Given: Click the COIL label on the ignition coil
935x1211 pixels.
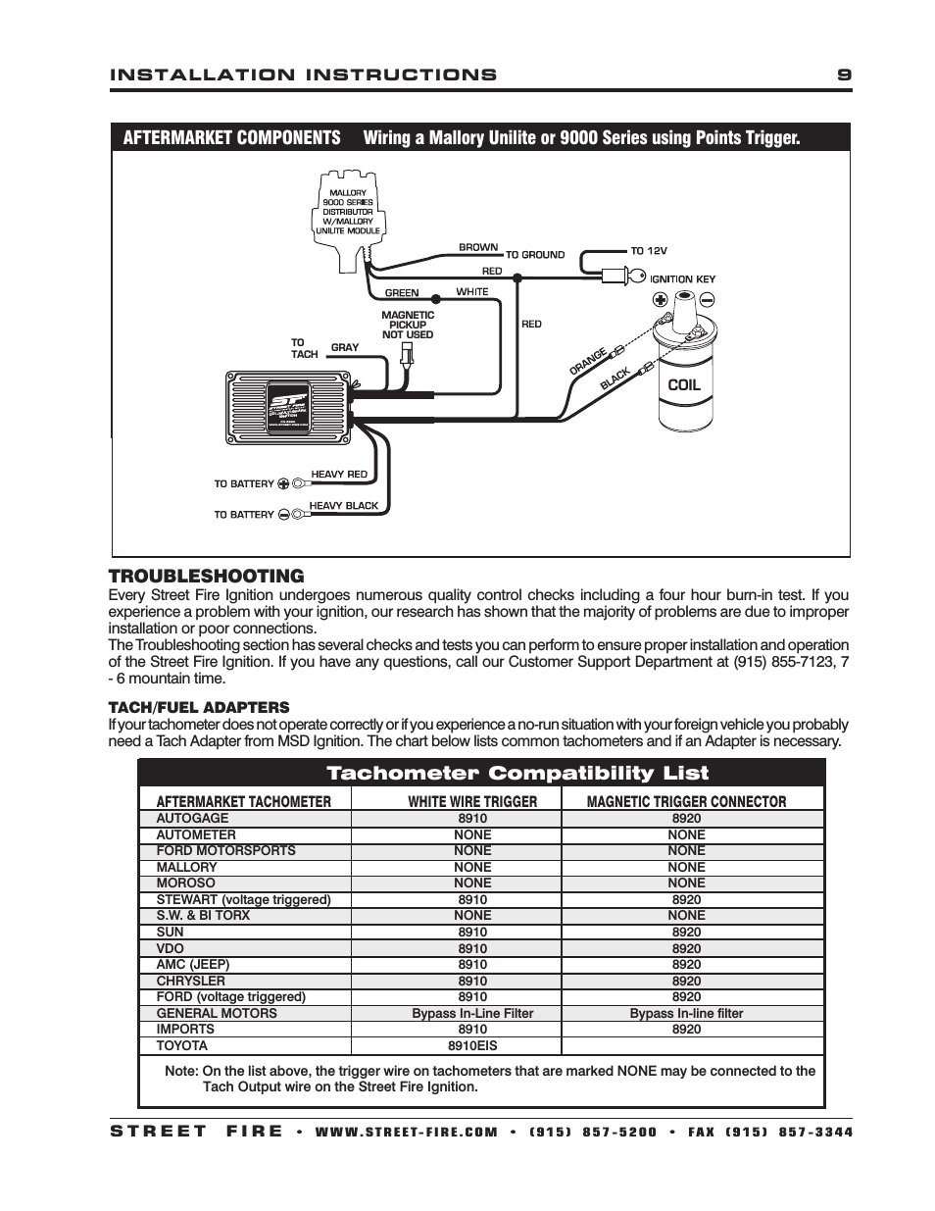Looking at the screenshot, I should click(683, 384).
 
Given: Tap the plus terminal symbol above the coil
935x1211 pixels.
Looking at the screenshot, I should click(660, 300).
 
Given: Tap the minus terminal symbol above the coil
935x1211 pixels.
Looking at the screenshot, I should click(707, 300).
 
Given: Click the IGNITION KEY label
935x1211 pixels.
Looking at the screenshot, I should click(682, 279).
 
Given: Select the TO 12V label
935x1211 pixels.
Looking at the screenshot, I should click(648, 250).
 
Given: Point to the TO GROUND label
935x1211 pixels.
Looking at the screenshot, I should click(535, 255).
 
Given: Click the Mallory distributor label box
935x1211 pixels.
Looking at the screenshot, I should click(348, 212).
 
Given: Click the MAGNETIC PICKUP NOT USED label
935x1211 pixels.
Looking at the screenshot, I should click(407, 325).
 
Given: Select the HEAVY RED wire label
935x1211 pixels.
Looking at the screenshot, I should click(339, 475).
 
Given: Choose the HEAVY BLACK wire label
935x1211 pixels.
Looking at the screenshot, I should click(344, 506).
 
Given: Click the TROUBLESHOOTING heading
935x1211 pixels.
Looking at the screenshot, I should click(206, 576).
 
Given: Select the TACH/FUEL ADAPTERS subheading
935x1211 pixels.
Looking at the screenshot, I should click(199, 707).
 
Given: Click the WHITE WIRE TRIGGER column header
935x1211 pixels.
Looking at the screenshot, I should click(472, 801).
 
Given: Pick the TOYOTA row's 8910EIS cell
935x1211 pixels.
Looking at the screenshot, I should click(472, 1045).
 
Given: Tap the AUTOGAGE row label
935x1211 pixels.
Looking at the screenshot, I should click(192, 818).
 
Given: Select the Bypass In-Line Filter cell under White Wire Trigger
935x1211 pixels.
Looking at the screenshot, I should click(472, 1013).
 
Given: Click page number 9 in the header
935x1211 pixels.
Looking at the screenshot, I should click(844, 75).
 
